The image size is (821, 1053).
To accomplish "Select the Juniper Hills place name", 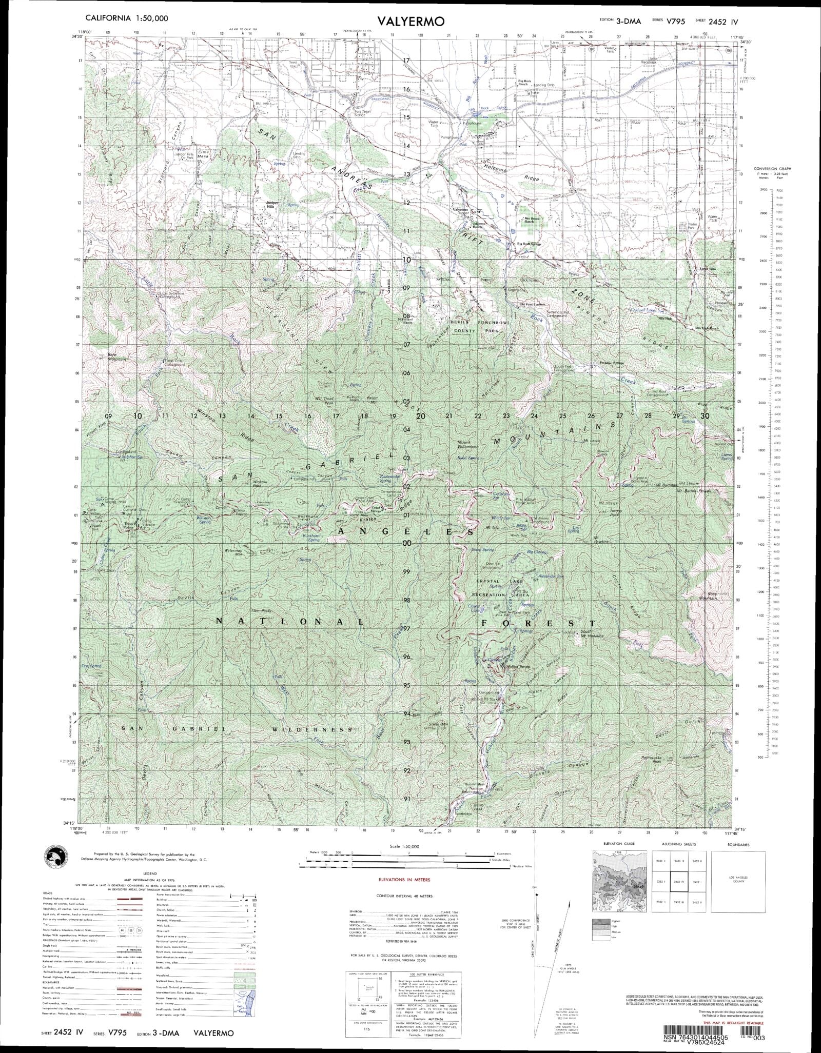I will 271,204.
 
